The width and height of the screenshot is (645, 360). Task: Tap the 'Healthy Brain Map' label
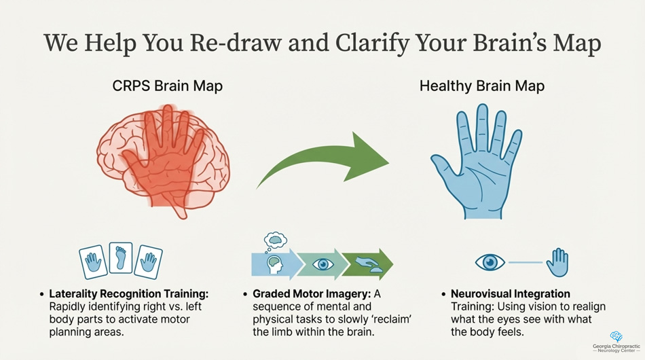pos(482,87)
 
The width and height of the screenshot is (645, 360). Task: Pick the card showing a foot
pos(121,259)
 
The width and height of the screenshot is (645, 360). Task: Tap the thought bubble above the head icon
pos(275,238)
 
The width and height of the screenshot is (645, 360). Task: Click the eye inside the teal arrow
pos(322,264)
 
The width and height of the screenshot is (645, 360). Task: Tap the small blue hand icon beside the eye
pos(557,262)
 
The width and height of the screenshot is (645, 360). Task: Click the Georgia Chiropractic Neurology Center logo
pos(616,342)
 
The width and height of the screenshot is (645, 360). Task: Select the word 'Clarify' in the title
pos(381,43)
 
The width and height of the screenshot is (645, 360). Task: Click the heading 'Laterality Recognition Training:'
pos(129,294)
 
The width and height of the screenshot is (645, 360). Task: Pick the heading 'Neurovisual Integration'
pos(511,294)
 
